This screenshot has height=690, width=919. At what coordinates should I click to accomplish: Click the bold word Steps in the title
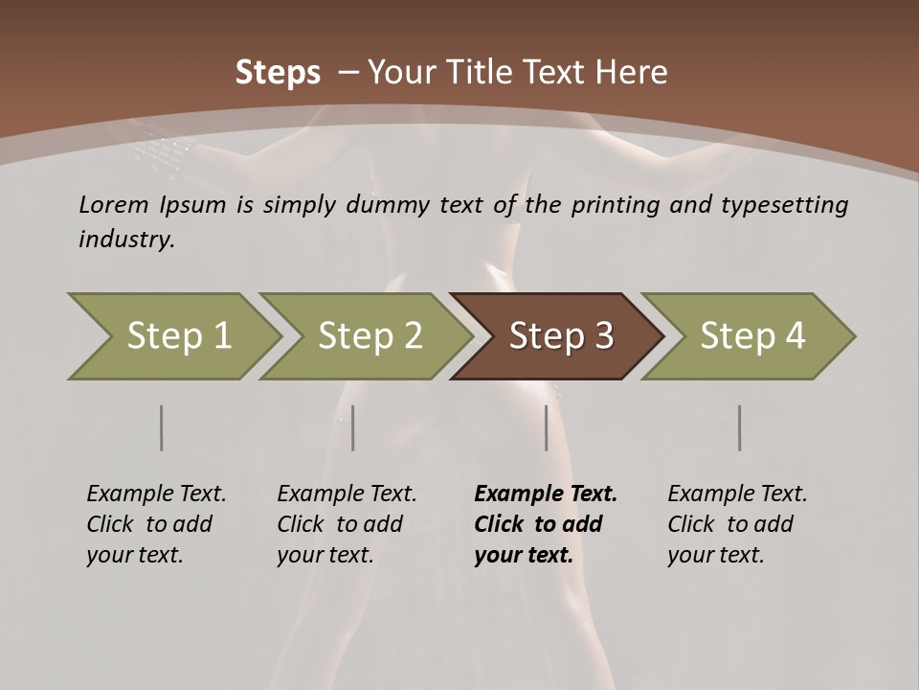278,73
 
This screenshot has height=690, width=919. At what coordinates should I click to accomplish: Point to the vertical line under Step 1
162,427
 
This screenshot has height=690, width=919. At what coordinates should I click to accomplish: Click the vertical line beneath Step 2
353,427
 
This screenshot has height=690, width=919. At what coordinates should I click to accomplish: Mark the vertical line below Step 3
547,427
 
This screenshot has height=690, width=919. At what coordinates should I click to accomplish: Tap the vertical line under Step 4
740,427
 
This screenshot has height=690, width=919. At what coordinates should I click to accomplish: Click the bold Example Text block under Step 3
546,524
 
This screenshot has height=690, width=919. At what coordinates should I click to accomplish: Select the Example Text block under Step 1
156,524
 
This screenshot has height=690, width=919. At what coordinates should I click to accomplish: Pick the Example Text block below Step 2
347,524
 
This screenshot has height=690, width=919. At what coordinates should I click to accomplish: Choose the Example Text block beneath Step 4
737,524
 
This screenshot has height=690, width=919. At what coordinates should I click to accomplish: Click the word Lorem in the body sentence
114,205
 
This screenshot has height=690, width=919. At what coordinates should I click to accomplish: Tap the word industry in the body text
125,240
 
